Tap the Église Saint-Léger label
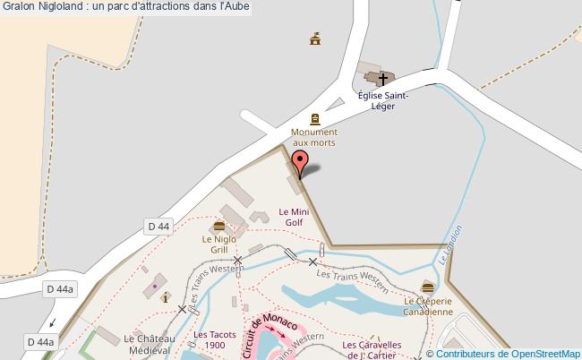pos(382,100)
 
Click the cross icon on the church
pos(382,79)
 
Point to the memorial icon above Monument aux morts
pos(314,118)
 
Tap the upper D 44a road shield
pos(60,288)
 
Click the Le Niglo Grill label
pos(218,244)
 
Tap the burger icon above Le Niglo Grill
pos(219,226)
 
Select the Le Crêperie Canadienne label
pos(427,307)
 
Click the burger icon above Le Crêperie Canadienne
pos(427,287)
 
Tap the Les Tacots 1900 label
pos(209,340)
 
